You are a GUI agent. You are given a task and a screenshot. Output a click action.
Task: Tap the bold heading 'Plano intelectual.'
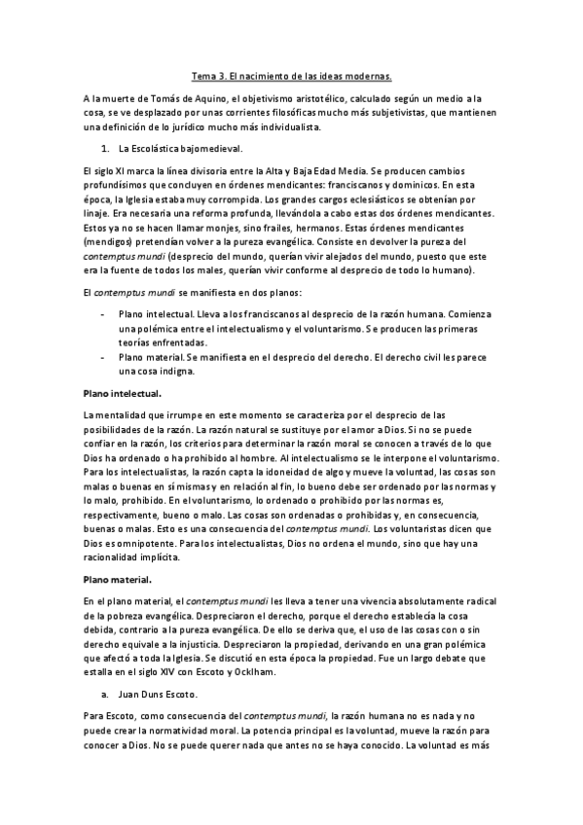click(122, 392)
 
